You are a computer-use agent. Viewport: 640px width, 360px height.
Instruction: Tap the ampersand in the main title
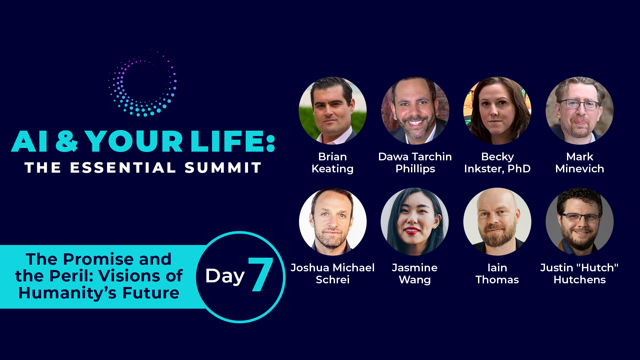point(66,141)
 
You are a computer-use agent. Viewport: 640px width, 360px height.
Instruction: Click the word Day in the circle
point(225,276)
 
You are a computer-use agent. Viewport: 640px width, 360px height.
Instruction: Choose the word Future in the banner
point(151,293)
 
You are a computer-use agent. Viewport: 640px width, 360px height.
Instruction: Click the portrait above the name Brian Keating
point(333,111)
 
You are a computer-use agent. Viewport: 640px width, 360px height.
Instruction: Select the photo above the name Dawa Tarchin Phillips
point(415,111)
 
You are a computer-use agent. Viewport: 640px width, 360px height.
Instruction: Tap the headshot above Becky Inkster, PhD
point(497,111)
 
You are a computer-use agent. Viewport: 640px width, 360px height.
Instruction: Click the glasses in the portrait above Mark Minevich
point(580,104)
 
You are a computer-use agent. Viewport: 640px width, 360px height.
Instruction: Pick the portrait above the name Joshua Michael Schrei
point(333,222)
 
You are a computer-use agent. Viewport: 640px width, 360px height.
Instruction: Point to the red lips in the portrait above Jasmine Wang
point(412,230)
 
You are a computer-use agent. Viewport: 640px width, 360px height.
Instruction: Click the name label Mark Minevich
point(580,163)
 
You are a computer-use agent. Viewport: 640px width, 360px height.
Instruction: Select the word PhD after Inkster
point(519,169)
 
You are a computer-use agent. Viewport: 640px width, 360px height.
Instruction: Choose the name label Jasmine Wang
point(415,274)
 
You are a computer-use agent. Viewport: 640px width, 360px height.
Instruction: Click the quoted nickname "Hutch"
point(597,267)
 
